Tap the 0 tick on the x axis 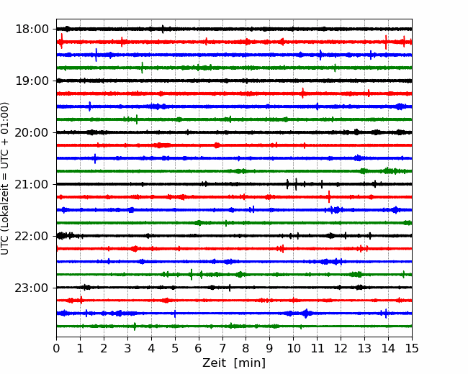(x=57, y=349)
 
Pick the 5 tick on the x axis (x=175, y=349)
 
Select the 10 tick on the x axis (x=294, y=349)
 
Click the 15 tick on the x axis (x=412, y=349)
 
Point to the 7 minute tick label (x=222, y=349)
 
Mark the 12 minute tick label (x=341, y=349)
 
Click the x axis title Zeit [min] (x=234, y=363)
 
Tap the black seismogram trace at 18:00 (x=216, y=29)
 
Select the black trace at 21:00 (x=216, y=184)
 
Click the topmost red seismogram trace (x=216, y=42)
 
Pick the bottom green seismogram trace (x=216, y=326)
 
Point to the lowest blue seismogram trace (x=216, y=313)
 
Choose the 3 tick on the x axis (x=128, y=349)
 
